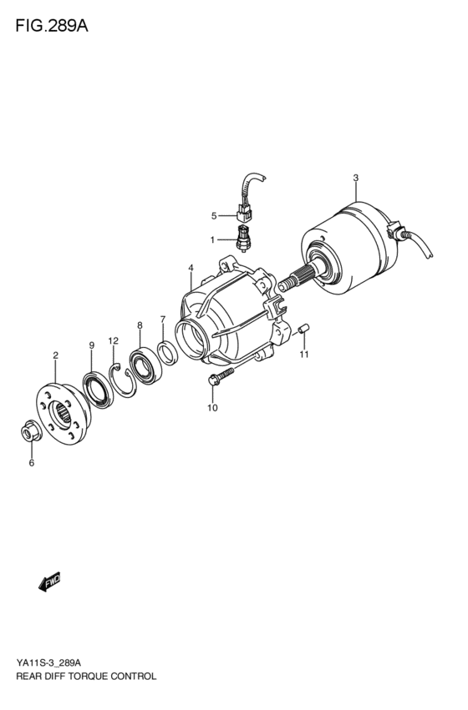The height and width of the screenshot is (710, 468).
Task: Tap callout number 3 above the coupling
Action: pos(355,178)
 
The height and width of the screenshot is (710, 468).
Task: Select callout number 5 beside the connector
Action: pos(213,216)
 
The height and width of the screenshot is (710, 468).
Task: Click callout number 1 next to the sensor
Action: pos(212,239)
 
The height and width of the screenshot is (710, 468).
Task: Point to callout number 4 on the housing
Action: pos(191,268)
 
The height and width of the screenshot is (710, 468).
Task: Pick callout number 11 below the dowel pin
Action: pos(305,355)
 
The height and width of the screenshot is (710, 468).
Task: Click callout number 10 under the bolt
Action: pos(212,407)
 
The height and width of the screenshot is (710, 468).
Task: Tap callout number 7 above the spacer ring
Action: pos(163,320)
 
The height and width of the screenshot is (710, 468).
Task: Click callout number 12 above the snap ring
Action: pos(114,341)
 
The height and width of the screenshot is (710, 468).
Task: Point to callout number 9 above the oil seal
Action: pos(91,345)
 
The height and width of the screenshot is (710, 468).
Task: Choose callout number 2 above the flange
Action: pos(55,355)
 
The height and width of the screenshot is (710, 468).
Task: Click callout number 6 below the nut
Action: pos(32,463)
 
